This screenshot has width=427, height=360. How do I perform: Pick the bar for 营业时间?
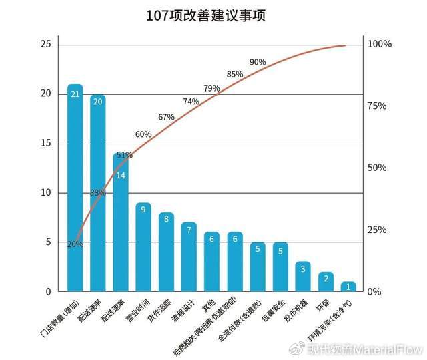[x=143, y=247]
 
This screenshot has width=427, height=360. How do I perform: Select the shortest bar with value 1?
[x=348, y=287]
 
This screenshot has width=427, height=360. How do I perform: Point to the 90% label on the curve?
[x=258, y=62]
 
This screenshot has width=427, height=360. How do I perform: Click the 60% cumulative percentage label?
[x=143, y=134]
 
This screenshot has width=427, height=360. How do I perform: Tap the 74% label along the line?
[x=191, y=102]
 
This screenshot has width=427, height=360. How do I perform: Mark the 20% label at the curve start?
[x=75, y=244]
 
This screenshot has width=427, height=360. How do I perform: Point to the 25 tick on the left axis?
[x=45, y=44]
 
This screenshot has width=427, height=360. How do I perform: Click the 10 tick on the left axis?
[x=45, y=193]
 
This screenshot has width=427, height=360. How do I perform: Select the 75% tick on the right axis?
[x=377, y=106]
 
